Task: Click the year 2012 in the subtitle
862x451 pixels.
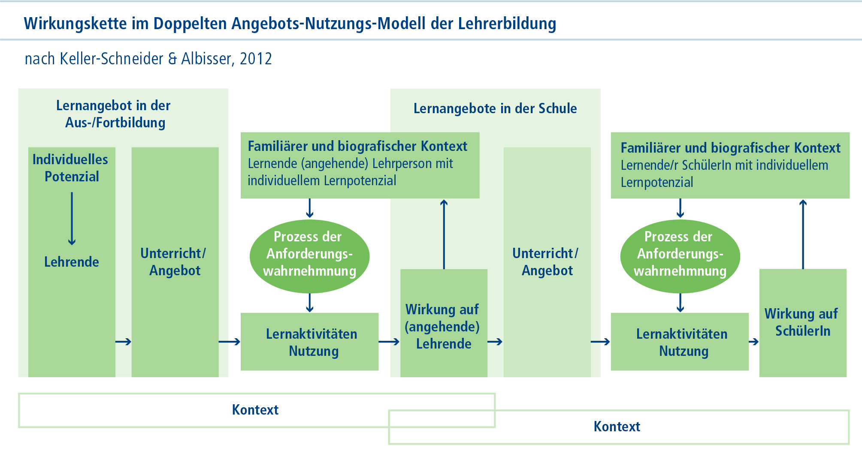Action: [256, 59]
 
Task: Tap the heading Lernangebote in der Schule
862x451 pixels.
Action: [495, 108]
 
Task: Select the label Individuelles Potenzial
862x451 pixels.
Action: [71, 168]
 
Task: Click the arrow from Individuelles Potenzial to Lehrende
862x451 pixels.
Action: [72, 218]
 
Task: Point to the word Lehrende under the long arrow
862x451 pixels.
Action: [72, 262]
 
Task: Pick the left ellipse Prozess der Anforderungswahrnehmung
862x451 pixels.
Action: [309, 256]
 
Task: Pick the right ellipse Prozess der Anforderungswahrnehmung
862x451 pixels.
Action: [680, 256]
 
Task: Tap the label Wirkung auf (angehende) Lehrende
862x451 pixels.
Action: [443, 327]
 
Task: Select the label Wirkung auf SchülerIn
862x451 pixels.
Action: [802, 322]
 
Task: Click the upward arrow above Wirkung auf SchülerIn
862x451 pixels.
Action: [803, 234]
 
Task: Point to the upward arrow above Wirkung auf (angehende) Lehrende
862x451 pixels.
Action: [444, 234]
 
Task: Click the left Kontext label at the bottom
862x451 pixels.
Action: [255, 410]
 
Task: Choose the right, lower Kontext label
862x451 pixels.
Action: [617, 427]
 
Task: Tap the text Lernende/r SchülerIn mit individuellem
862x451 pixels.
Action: [724, 165]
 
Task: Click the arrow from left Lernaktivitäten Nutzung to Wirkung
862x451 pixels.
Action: [389, 342]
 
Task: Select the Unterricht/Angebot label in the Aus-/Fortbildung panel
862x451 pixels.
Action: [174, 262]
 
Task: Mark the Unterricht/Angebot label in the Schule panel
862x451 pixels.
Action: [546, 262]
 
